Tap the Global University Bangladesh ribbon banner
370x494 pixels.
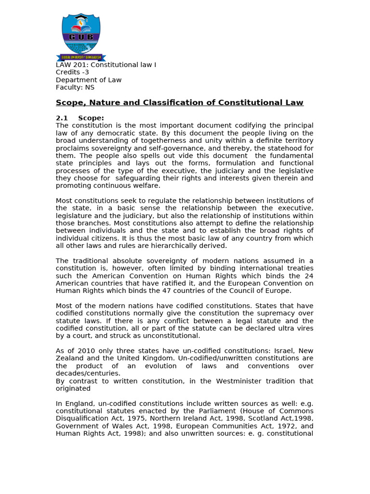81,57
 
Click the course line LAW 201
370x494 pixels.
106,65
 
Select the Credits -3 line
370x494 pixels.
72,72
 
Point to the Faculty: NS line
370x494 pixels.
75,87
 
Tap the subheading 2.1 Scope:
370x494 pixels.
80,118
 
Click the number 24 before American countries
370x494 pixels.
308,275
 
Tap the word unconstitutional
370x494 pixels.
172,336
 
